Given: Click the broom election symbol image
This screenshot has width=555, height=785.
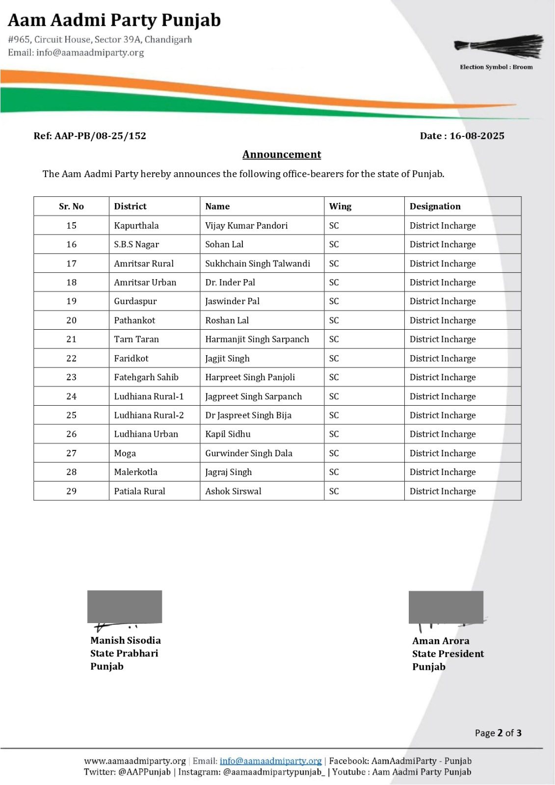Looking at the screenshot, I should tap(499, 46).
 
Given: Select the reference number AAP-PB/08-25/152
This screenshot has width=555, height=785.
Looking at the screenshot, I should tap(90, 136).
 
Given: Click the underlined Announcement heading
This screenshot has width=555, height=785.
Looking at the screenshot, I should tap(282, 155).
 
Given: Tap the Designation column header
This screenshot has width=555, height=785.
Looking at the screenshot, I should tap(435, 207).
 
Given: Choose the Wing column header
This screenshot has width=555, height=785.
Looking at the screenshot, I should tap(340, 207).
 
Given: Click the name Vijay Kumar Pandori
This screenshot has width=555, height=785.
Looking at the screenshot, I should tap(246, 226).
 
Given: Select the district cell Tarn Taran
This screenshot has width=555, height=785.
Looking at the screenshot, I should tap(136, 339).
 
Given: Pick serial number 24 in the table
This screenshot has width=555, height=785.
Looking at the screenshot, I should tap(71, 396).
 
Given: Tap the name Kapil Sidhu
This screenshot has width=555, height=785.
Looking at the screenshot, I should tap(228, 434).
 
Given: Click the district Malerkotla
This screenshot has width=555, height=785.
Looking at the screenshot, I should tap(135, 472).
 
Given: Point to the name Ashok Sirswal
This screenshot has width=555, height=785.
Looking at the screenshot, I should tap(233, 491).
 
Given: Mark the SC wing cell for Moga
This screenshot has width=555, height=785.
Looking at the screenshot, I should tap(334, 453).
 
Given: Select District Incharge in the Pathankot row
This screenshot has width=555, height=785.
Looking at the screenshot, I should tap(443, 320).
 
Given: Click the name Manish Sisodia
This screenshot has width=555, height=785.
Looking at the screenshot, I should tap(125, 640).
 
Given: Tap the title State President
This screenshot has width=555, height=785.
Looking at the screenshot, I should tap(448, 654).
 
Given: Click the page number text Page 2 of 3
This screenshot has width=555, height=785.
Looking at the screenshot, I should tap(498, 733).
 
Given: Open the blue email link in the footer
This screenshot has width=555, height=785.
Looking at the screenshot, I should tap(270, 761).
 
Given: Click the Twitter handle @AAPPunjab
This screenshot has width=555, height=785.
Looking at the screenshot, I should tap(144, 772).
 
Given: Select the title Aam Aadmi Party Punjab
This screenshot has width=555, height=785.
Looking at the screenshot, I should tap(114, 21).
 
